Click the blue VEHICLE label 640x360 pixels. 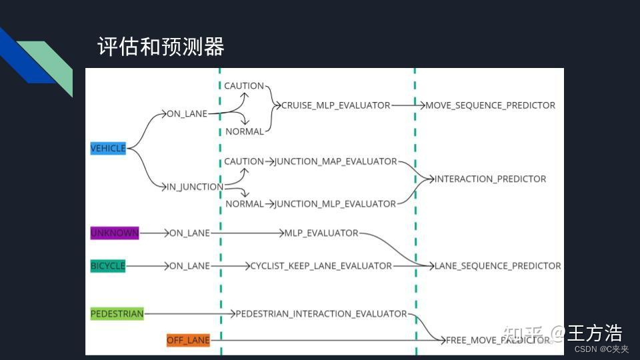tap(108, 148)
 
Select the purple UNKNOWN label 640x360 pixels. tap(115, 233)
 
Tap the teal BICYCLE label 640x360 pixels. tap(108, 265)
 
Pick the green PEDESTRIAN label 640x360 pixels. tap(117, 313)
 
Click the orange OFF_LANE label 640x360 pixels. tap(188, 341)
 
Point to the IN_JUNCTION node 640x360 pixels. tap(195, 187)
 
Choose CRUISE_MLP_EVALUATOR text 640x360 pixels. tap(335, 105)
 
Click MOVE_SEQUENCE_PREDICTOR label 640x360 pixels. tap(490, 105)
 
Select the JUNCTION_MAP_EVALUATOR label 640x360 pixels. tap(336, 161)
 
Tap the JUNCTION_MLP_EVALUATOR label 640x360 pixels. tap(335, 203)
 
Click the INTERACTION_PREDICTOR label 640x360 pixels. tap(490, 179)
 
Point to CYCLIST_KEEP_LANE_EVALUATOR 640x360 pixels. tap(321, 265)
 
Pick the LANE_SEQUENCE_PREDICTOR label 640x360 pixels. tap(497, 265)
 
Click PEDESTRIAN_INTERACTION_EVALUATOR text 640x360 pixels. tap(321, 313)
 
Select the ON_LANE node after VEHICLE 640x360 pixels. tap(187, 114)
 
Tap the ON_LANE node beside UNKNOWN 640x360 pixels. tap(189, 233)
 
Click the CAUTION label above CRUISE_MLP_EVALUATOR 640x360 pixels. tap(244, 86)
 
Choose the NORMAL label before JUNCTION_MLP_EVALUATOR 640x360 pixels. tap(245, 203)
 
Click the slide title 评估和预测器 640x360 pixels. tap(161, 46)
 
